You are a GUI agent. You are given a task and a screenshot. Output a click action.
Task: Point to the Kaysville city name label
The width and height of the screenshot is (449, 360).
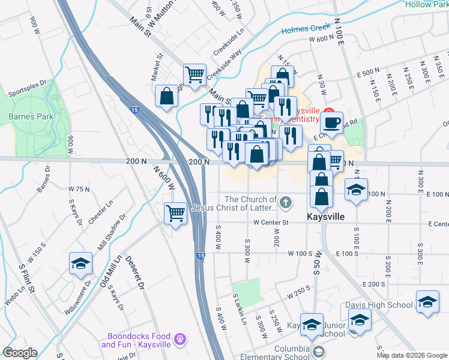point(326,217)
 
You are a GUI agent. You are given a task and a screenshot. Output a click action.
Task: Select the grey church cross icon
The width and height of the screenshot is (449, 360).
point(286,202)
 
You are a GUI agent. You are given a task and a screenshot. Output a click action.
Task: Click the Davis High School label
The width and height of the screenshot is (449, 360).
point(379,305)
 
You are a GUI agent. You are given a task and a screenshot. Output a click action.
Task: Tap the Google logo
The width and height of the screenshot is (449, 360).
point(20,353)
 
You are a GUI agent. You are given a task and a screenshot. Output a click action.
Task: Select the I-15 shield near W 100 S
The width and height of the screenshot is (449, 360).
point(200,255)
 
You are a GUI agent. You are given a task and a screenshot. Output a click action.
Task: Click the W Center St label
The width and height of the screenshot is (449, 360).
point(271,223)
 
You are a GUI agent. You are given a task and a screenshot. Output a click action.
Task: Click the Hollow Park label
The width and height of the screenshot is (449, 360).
point(426,4)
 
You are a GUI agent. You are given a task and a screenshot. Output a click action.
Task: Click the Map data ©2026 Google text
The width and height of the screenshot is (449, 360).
point(411,355)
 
